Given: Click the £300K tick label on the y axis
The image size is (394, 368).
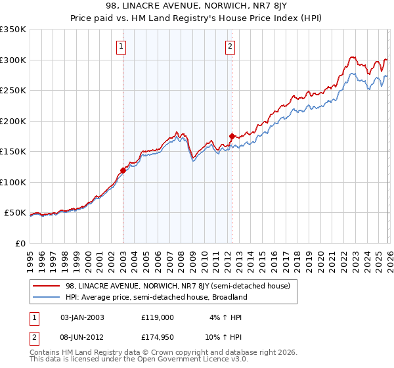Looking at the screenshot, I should (x=13, y=60).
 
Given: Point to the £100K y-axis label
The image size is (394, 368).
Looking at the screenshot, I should (x=13, y=182).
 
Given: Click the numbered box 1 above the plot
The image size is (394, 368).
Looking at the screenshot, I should (x=122, y=46).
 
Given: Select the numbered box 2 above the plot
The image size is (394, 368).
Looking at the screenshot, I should (x=230, y=46).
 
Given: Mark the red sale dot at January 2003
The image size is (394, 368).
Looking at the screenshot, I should (x=123, y=171).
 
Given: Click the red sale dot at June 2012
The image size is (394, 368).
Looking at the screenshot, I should (x=232, y=137).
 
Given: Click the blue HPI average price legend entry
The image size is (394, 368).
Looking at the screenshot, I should (x=156, y=297).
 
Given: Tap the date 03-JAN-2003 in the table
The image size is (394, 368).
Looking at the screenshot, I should (x=82, y=317).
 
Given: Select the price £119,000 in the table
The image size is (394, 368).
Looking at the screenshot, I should (x=158, y=317).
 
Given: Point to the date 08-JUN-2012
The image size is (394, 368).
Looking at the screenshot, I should (x=82, y=336).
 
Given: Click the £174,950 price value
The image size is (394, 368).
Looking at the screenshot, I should (x=158, y=336).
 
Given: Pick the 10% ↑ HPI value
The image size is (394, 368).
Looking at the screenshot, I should (x=224, y=336).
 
